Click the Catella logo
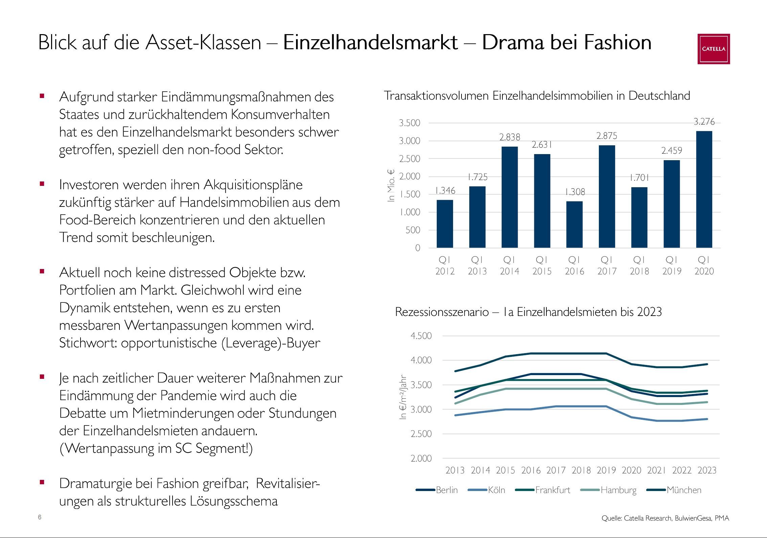pos(713,49)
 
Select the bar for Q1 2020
pos(704,189)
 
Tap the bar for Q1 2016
pos(574,224)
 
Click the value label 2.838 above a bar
pos(510,137)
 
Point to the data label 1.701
pos(639,178)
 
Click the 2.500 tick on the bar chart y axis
pos(409,159)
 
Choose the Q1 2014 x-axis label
pos(510,265)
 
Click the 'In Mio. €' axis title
pos(391,186)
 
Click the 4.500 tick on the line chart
pos(421,336)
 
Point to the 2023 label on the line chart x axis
pos(707,470)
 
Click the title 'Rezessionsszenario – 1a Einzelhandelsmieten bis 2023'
pos(528,312)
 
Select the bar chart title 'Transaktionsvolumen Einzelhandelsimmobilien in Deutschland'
pos(537,96)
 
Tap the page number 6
pos(40,517)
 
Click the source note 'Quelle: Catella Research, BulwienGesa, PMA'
pos(665,518)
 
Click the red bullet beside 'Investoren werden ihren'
pos(42,184)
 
